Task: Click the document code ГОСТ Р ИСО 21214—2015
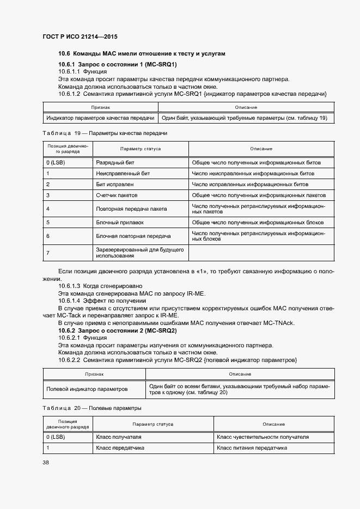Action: coord(80,37)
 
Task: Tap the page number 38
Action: coord(46,462)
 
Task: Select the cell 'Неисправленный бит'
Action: coord(123,173)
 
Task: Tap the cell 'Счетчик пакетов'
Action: coord(117,195)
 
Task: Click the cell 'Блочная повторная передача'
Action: coord(133,236)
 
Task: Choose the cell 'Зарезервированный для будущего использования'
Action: coord(140,252)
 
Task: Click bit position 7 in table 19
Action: coord(48,252)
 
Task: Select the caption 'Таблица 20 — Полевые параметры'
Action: coord(92,408)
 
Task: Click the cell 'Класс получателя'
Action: coord(119,437)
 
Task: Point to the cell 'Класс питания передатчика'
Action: coord(252,448)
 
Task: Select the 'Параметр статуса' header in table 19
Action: coord(141,149)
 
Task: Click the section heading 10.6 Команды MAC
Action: coord(141,53)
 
